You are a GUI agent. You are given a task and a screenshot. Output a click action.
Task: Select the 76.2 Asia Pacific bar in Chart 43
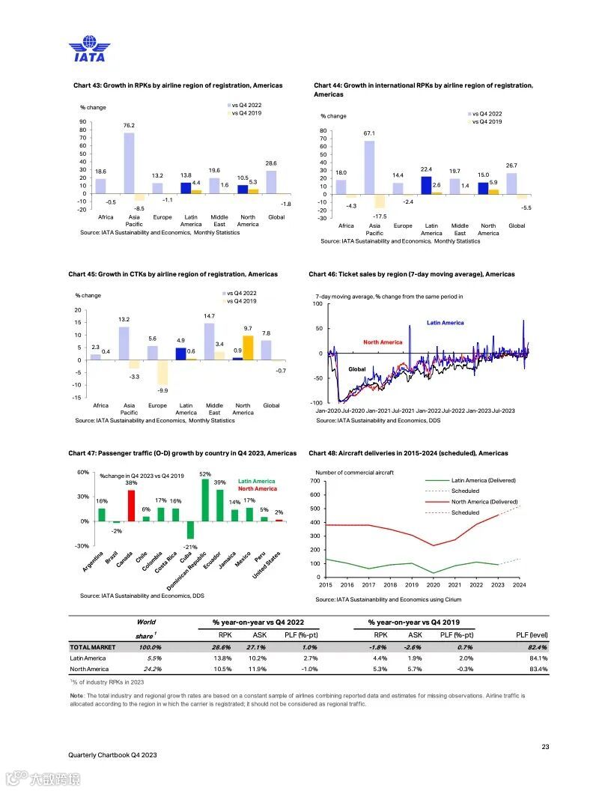coord(129,163)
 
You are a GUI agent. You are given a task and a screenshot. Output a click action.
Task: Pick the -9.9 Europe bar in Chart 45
coord(162,372)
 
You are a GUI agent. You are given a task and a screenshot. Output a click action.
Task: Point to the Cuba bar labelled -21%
coord(190,530)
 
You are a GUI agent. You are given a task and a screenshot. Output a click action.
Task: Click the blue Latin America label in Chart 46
coord(445,323)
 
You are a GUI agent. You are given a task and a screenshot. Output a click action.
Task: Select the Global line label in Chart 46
coord(357,369)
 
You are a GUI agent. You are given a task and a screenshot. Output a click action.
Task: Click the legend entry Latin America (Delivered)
coord(483,480)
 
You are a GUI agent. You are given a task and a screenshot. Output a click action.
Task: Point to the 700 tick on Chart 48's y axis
coord(314,481)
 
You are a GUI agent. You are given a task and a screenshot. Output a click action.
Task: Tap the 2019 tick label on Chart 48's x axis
coord(412,584)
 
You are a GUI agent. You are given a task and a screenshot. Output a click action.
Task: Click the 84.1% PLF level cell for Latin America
coord(536,658)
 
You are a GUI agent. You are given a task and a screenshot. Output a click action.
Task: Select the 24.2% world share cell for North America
coord(151,669)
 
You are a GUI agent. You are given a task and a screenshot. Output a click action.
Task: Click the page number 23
coord(545,746)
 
